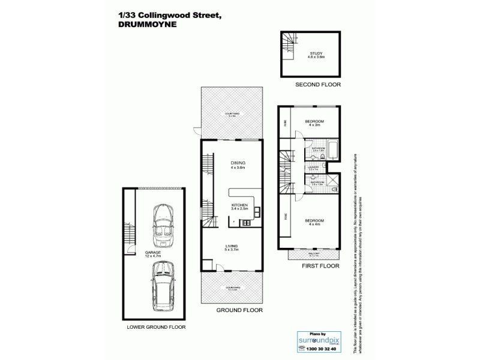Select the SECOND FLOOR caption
pyautogui.click(x=317, y=85)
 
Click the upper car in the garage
pyautogui.click(x=162, y=226)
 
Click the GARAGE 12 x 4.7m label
pyautogui.click(x=153, y=254)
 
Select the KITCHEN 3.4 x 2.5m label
pyautogui.click(x=240, y=208)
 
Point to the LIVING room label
pyautogui.click(x=232, y=248)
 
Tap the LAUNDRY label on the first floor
pyautogui.click(x=313, y=169)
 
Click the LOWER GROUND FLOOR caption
pyautogui.click(x=156, y=328)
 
